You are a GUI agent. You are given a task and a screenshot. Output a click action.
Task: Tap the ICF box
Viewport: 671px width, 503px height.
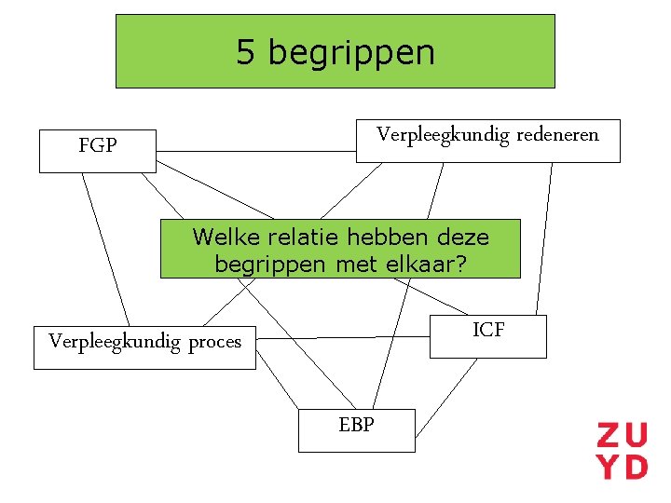point(487,335)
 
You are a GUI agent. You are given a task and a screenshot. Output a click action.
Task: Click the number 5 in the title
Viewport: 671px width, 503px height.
point(245,52)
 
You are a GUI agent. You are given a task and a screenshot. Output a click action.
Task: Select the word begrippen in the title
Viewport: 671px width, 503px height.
point(351,53)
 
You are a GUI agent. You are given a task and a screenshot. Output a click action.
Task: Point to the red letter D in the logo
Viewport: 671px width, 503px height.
point(635,466)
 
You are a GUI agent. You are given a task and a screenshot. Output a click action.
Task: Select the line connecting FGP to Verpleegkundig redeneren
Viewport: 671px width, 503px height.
point(256,151)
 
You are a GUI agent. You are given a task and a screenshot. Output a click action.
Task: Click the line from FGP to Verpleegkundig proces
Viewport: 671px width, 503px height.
point(104,247)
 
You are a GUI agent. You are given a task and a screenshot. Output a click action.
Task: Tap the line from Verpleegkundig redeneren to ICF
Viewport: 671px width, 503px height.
point(543,238)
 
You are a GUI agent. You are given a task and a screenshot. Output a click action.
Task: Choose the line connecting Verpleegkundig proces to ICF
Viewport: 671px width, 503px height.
point(342,337)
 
